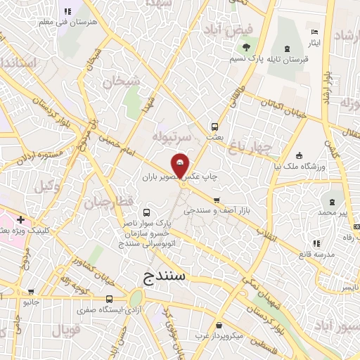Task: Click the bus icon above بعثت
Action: [214, 127]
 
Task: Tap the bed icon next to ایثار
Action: [314, 32]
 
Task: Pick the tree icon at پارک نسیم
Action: [246, 48]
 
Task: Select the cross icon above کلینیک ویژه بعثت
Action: [21, 219]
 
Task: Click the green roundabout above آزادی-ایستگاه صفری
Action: [136, 300]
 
